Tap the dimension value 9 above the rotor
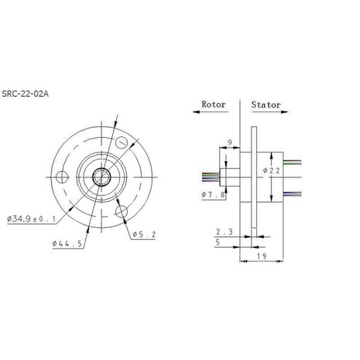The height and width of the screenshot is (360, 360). [228, 141]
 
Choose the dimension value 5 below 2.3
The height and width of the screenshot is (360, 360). [221, 242]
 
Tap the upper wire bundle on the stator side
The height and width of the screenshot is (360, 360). [292, 162]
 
